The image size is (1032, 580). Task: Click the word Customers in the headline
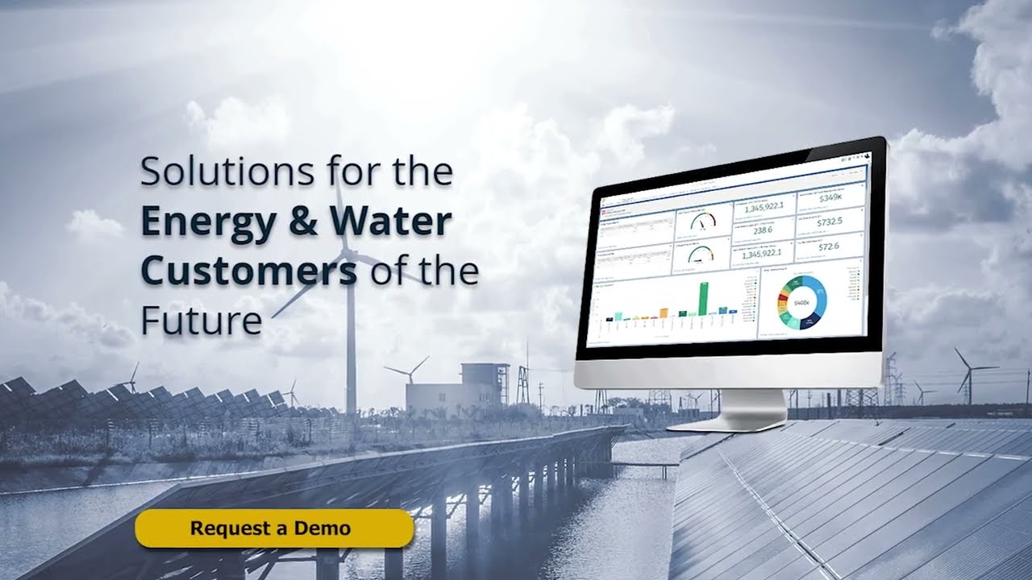249,271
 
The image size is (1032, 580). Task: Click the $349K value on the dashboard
830,198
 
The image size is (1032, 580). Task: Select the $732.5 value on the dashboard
829,222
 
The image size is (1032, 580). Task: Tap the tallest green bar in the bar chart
703,298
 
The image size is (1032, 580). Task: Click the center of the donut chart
801,302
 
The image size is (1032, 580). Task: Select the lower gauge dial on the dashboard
702,255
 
